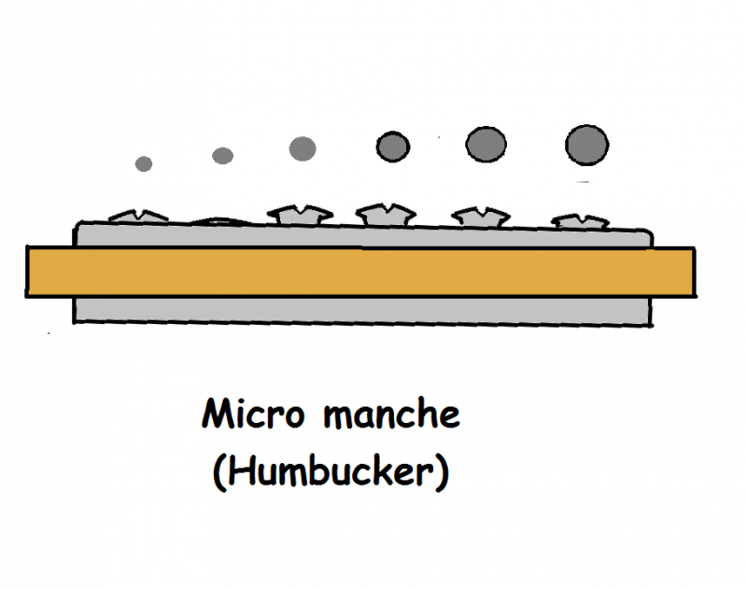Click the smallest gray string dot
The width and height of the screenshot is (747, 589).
tap(143, 163)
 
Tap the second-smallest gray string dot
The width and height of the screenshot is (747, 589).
tap(222, 156)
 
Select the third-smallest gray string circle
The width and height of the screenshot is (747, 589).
tap(303, 148)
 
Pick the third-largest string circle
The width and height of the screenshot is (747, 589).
tap(393, 146)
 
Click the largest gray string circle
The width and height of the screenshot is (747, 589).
tap(586, 145)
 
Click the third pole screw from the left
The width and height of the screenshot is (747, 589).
tap(295, 215)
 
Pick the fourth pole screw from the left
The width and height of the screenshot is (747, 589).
tap(386, 215)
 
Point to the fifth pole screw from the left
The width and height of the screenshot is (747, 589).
tap(480, 217)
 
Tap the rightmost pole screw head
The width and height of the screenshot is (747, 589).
tap(579, 222)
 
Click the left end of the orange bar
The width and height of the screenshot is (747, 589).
tap(34, 272)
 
